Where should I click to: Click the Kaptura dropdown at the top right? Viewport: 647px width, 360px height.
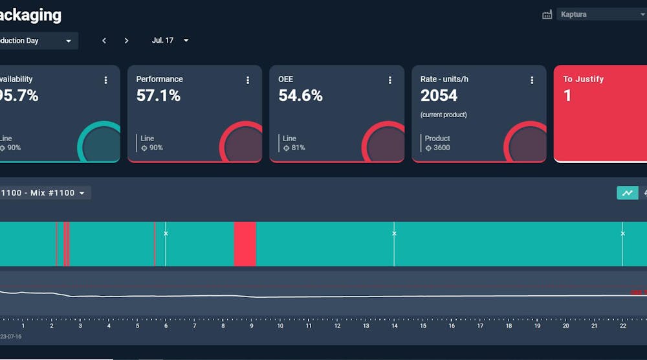tap(602, 14)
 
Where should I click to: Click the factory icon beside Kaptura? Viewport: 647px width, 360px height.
tap(547, 14)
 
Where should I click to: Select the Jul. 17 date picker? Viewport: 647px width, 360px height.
tap(170, 40)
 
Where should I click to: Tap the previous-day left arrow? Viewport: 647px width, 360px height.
tap(104, 41)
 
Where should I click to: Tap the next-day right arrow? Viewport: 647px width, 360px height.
tap(126, 41)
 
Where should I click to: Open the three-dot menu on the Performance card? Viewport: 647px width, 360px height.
tap(248, 80)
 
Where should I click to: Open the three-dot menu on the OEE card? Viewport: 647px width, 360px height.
tap(390, 80)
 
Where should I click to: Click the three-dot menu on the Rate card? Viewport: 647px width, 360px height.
tap(532, 80)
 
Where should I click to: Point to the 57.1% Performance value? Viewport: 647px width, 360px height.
tap(159, 96)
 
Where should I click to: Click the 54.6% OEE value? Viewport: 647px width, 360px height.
tap(300, 96)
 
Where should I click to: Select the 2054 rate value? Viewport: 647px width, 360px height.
tap(439, 96)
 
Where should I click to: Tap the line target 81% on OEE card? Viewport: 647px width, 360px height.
tap(296, 148)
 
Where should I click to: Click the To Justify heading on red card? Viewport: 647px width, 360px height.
tap(583, 79)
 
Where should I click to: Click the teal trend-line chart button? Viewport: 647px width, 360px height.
tap(627, 193)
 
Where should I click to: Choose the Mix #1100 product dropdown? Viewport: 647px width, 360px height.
tap(45, 193)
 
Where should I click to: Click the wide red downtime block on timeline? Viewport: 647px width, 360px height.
tap(245, 244)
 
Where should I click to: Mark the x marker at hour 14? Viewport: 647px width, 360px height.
tap(394, 234)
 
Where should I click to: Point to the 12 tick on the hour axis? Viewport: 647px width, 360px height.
tap(337, 326)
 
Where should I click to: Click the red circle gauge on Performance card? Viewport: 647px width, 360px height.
tap(243, 144)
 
